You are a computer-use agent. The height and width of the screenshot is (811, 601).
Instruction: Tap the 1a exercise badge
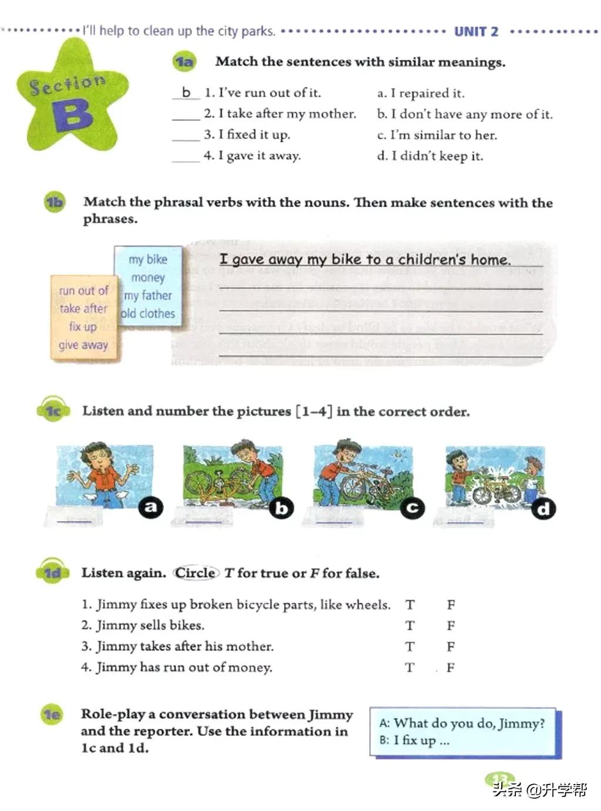point(184,62)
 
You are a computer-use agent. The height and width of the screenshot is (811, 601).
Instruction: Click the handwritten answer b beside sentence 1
point(186,93)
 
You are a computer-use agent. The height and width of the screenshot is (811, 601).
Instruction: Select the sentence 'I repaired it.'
point(421,93)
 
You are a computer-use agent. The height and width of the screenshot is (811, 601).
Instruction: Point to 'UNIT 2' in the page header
point(476,32)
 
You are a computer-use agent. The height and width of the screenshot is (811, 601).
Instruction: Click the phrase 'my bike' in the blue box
point(148,259)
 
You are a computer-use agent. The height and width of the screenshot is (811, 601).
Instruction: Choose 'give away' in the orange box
point(83,345)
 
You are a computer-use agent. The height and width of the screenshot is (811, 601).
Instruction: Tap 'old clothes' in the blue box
point(148,313)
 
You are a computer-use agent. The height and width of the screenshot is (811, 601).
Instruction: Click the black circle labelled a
point(151,506)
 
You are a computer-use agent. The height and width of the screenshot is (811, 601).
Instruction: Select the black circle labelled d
point(543,509)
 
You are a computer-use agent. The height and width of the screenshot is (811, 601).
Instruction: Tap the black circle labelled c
point(413,508)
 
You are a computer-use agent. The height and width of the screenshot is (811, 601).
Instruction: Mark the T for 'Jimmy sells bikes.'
point(410,626)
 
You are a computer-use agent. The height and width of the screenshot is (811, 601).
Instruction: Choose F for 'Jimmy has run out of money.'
point(450,668)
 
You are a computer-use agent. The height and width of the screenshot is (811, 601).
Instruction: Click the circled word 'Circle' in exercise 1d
point(196,573)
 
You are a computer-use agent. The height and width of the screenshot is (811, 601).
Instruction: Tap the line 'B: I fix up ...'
point(414,741)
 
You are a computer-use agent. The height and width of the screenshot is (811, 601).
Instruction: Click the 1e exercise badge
point(52,714)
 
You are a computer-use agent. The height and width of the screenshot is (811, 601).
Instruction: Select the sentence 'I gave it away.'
point(252,156)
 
